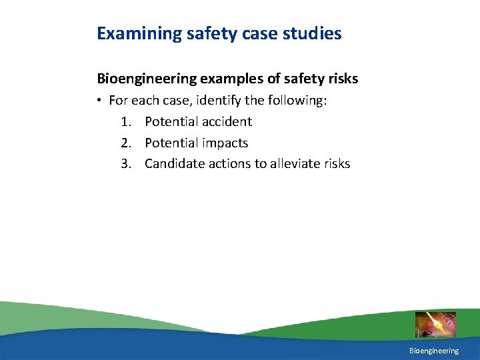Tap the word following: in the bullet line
click(300, 101)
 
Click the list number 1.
click(126, 121)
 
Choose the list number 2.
click(126, 143)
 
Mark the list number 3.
click(126, 163)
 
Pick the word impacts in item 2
click(223, 143)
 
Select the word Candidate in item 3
click(173, 163)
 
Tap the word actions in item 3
click(227, 163)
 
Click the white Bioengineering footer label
click(434, 351)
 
